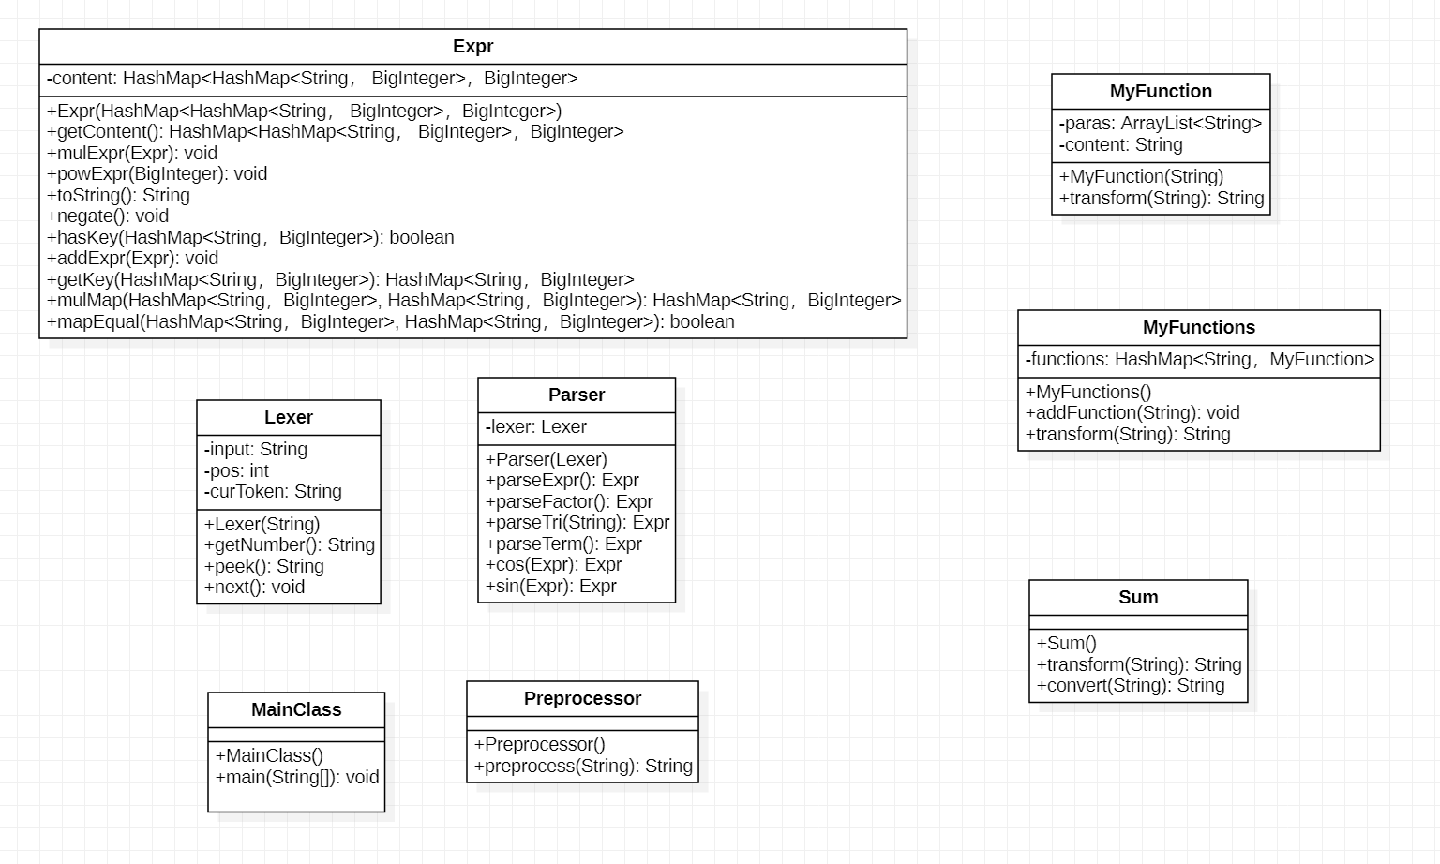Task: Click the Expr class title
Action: pos(472,47)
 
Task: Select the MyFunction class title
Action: pos(1161,92)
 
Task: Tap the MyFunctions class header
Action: pos(1198,328)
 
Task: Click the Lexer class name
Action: pos(288,418)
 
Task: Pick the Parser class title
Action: pos(576,395)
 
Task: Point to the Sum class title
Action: pos(1138,598)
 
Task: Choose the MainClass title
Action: pos(296,710)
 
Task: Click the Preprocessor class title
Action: pos(582,699)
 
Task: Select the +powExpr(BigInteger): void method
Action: pos(157,174)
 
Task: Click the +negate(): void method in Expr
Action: pos(108,216)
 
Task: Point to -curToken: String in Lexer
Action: pos(273,492)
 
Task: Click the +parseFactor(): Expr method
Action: pos(569,502)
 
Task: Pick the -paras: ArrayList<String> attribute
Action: pos(1161,124)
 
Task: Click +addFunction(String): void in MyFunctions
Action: pos(1132,413)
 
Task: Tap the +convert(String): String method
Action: pos(1131,686)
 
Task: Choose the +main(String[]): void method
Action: pos(297,778)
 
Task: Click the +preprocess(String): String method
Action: pos(583,767)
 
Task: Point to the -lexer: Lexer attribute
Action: pos(536,427)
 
